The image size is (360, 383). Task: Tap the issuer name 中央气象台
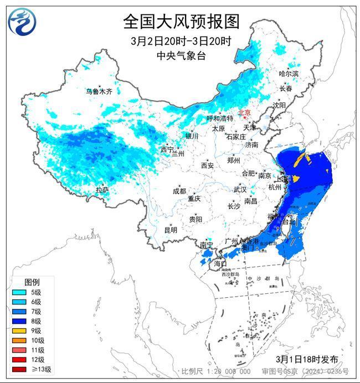pos(181,55)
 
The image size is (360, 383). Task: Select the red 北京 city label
pos(244,113)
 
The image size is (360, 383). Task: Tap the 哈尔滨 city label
pos(289,74)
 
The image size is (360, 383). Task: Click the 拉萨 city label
pos(102,190)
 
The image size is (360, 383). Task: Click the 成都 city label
pos(179,191)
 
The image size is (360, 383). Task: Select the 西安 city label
pos(207,164)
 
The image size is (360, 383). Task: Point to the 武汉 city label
pos(239,189)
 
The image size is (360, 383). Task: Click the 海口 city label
pos(220,263)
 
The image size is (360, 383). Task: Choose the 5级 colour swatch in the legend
pos(19,292)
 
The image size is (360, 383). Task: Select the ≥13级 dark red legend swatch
pos(19,369)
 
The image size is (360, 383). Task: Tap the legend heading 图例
pos(32,281)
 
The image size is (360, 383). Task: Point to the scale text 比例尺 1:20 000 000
pos(216,371)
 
